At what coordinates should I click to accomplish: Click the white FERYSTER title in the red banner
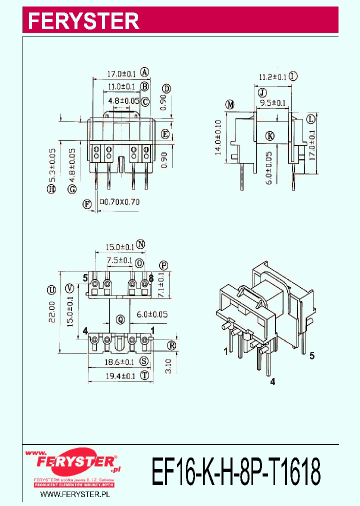83,21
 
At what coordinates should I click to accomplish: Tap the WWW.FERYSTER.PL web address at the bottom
74,494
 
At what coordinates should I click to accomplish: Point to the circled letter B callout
144,86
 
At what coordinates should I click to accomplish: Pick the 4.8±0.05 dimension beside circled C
123,101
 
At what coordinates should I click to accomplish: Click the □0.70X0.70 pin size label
120,202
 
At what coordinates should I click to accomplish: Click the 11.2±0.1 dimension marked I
272,76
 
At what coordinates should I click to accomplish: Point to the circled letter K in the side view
270,135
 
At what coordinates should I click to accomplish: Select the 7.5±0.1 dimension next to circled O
120,260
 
